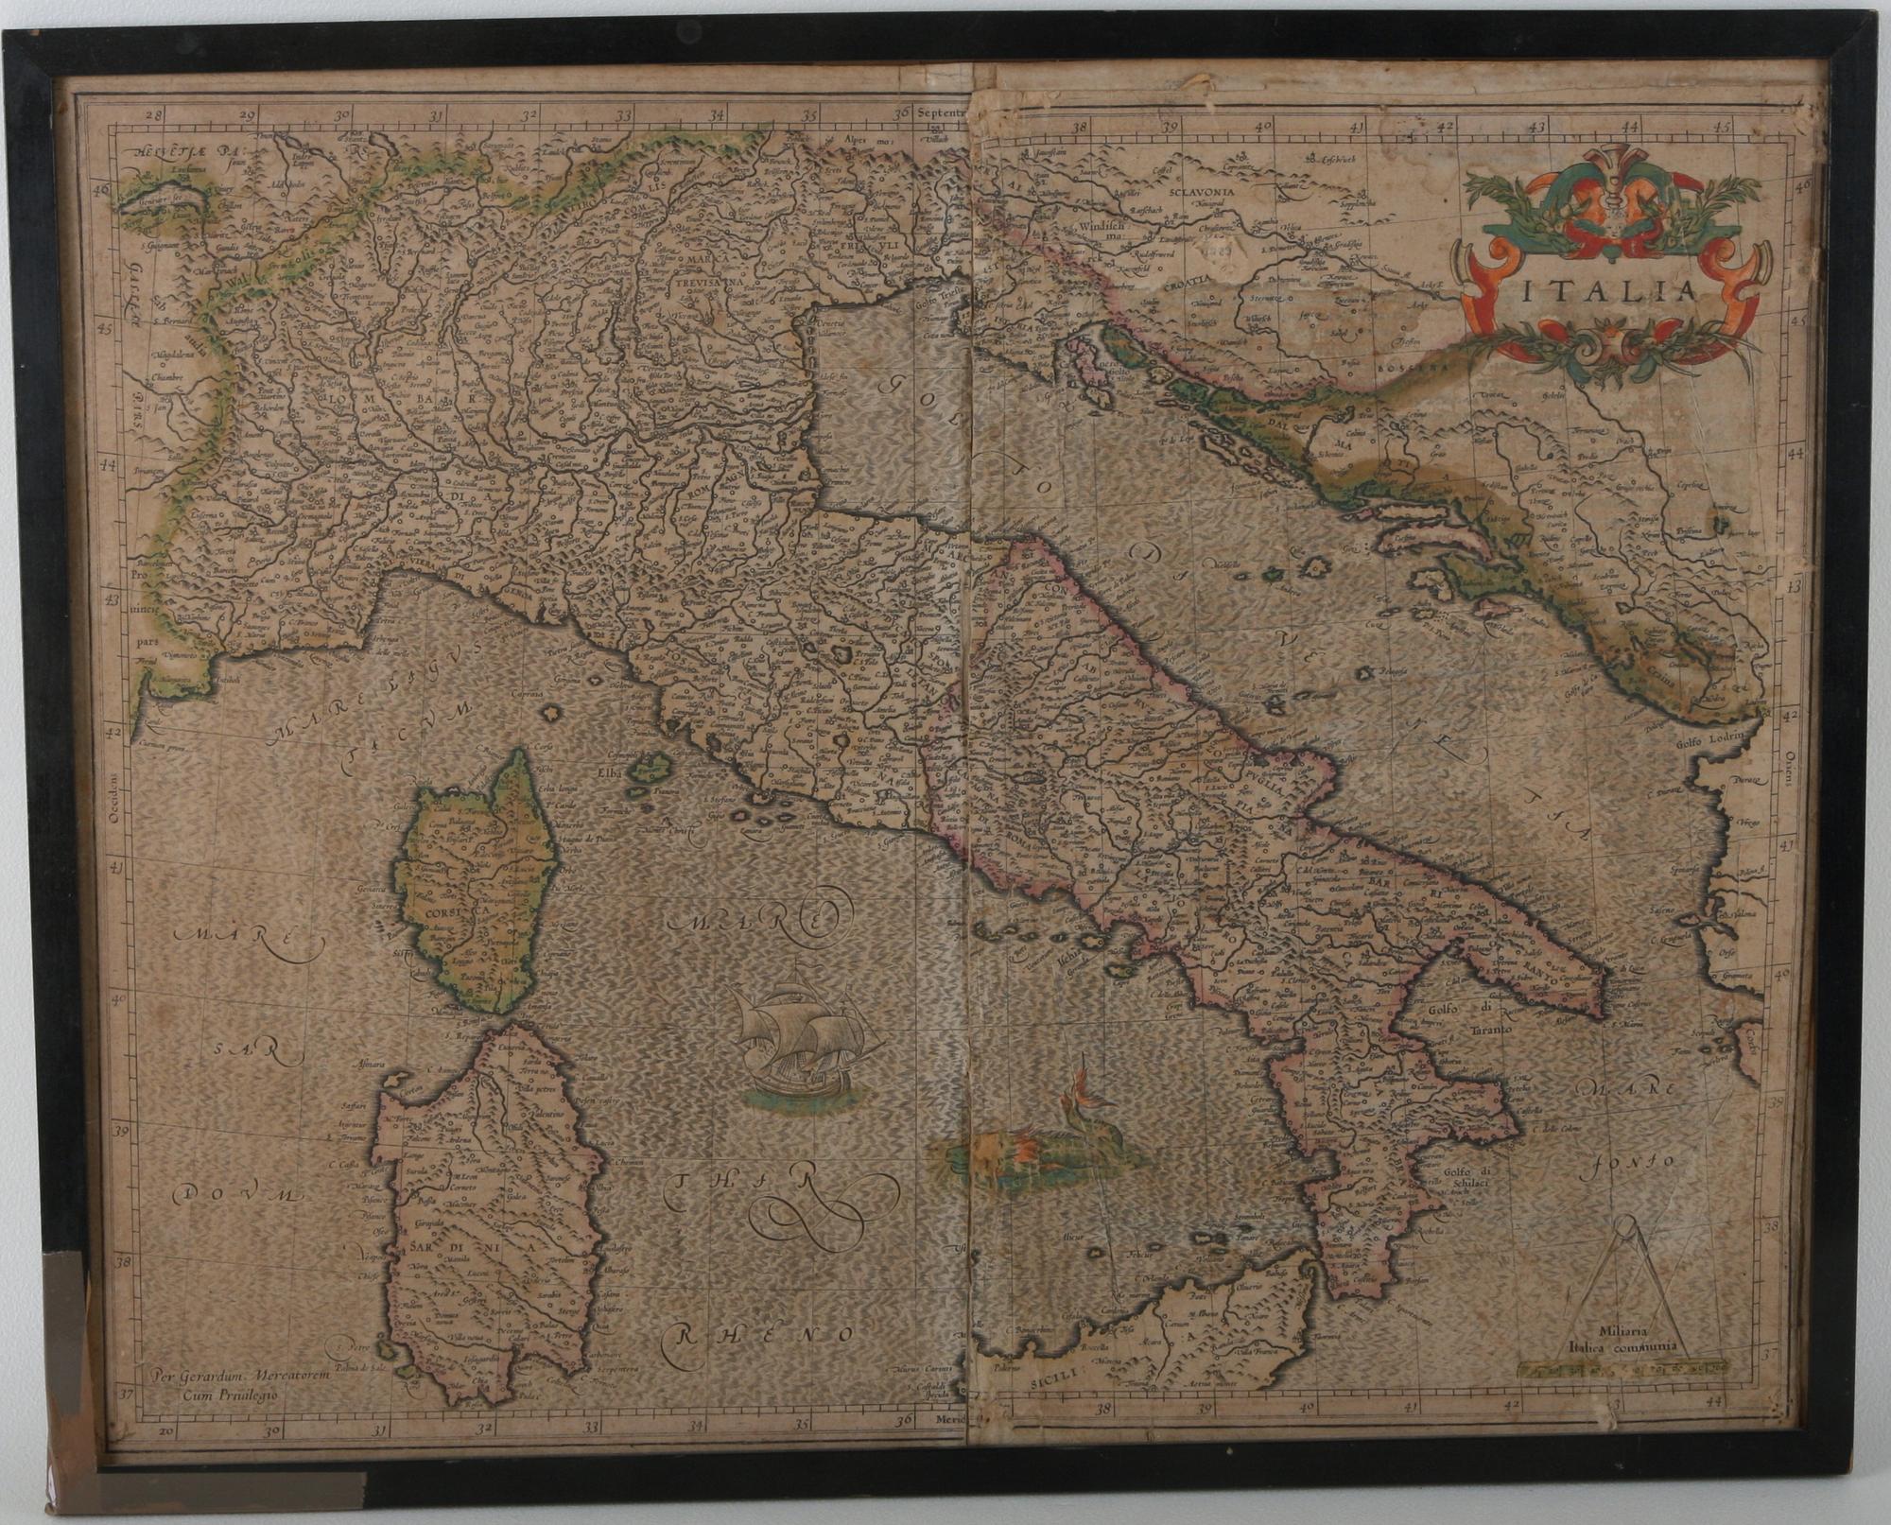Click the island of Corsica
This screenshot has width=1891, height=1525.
click(477, 884)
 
